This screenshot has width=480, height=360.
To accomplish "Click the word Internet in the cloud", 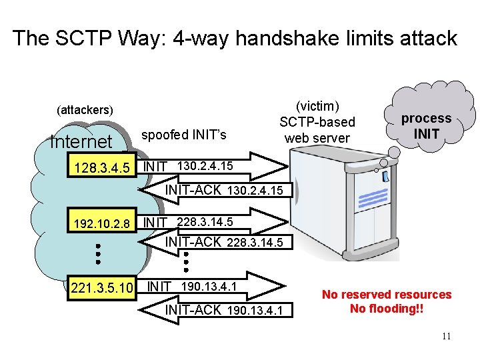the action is [x=81, y=142].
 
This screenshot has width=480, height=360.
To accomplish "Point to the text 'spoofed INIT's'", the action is [x=184, y=135].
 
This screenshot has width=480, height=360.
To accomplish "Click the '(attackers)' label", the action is [x=85, y=109].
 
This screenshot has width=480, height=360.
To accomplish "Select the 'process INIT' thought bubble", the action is [x=426, y=125].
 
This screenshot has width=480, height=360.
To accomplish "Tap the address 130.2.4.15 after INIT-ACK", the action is [x=255, y=191].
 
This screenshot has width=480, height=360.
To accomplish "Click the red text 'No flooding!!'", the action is [x=387, y=309].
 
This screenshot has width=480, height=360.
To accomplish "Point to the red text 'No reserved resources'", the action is [x=387, y=295].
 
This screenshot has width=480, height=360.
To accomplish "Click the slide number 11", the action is [x=446, y=337].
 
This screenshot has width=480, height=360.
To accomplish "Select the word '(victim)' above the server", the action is [x=318, y=107].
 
